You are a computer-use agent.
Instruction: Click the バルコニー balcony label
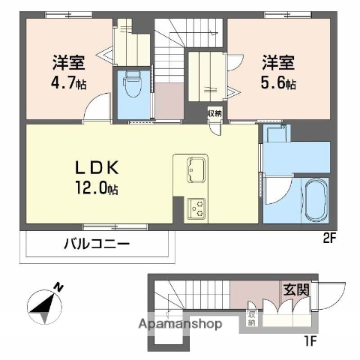[x=96, y=244]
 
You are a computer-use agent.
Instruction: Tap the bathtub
[x=314, y=201]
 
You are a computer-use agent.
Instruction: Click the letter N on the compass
[x=58, y=286]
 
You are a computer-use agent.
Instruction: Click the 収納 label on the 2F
[x=215, y=113]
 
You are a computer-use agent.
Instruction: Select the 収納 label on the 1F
[x=252, y=318]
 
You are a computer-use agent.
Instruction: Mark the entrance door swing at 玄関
[x=333, y=295]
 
